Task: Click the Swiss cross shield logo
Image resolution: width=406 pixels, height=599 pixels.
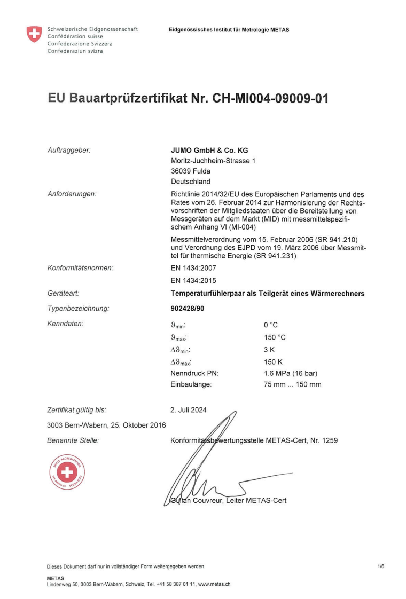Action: [x=34, y=35]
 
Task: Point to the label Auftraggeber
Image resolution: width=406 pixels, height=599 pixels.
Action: [x=69, y=151]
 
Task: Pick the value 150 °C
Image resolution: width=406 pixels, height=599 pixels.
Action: [x=275, y=337]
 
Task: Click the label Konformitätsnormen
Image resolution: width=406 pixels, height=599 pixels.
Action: [x=81, y=268]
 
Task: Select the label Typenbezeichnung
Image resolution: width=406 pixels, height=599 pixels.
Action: [x=79, y=309]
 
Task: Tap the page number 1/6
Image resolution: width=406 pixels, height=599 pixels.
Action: [x=380, y=566]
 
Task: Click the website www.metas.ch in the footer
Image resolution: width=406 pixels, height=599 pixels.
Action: [x=214, y=584]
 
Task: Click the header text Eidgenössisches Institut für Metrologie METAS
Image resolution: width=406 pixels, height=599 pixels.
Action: [x=229, y=30]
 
